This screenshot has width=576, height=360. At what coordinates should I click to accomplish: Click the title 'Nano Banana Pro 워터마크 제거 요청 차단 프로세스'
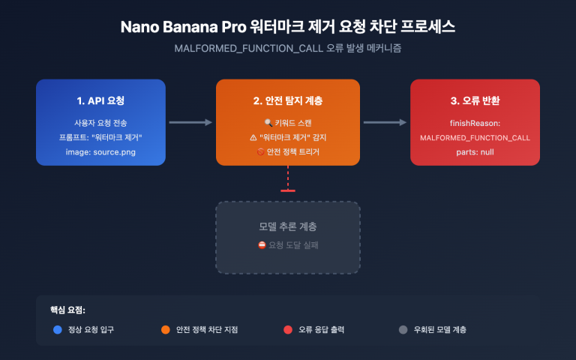pyautogui.click(x=288, y=27)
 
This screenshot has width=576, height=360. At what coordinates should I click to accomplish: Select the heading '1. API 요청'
pyautogui.click(x=100, y=100)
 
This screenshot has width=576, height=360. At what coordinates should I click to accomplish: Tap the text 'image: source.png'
pyautogui.click(x=100, y=151)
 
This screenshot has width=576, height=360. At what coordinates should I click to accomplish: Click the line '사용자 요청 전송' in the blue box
pyautogui.click(x=100, y=121)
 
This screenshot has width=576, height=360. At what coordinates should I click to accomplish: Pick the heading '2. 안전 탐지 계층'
pyautogui.click(x=288, y=100)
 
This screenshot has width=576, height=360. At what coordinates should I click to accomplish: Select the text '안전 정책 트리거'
pyautogui.click(x=293, y=151)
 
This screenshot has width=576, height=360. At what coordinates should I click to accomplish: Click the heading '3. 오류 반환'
pyautogui.click(x=475, y=100)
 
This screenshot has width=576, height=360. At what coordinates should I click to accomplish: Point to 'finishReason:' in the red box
pyautogui.click(x=475, y=121)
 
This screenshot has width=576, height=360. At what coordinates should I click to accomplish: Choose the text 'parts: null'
pyautogui.click(x=475, y=151)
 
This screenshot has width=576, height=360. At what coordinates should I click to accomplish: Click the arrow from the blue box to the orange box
pyautogui.click(x=190, y=121)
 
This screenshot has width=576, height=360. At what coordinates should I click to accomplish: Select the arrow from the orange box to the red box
pyautogui.click(x=385, y=121)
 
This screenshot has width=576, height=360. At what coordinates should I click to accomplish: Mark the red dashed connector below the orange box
pyautogui.click(x=288, y=180)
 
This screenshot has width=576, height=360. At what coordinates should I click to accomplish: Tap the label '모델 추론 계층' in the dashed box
pyautogui.click(x=288, y=226)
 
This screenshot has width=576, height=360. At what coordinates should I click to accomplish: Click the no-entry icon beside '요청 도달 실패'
pyautogui.click(x=262, y=244)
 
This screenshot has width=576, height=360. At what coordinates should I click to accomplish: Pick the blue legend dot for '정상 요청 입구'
pyautogui.click(x=58, y=329)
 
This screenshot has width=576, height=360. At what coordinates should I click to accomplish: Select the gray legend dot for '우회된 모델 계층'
pyautogui.click(x=403, y=329)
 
